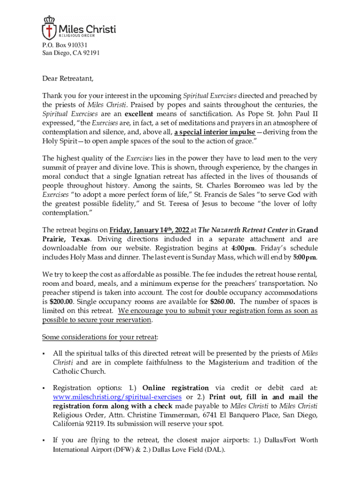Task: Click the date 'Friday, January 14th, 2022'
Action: pyautogui.click(x=149, y=230)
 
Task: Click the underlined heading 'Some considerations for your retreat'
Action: pyautogui.click(x=100, y=337)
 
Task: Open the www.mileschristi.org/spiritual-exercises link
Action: pyautogui.click(x=117, y=397)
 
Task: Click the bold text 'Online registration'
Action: pyautogui.click(x=175, y=388)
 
